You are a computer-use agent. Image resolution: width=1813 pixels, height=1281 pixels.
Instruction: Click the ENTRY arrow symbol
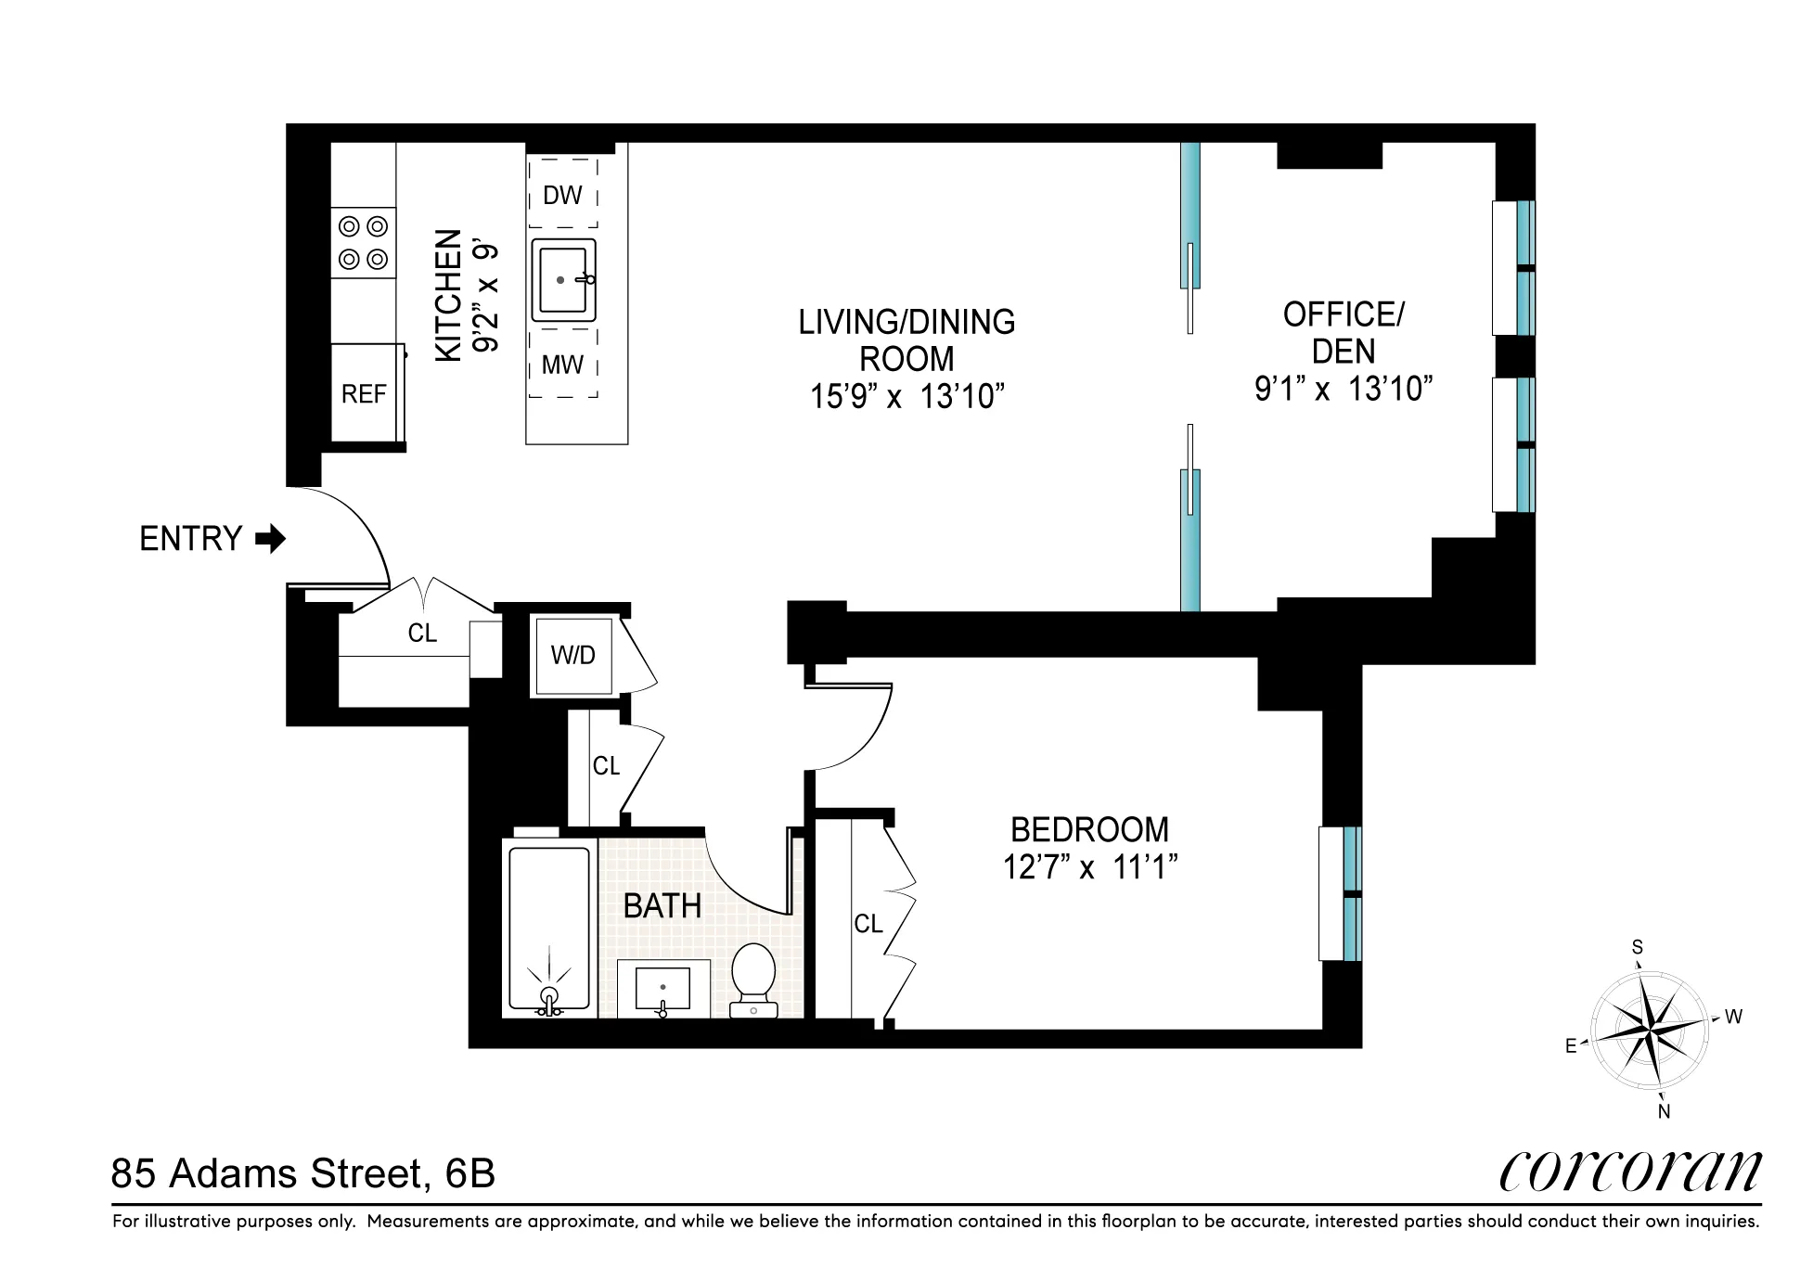(x=271, y=539)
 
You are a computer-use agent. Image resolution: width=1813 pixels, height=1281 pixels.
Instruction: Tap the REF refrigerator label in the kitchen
(x=363, y=394)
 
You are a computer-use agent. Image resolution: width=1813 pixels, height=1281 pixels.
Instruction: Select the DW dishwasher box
(x=562, y=195)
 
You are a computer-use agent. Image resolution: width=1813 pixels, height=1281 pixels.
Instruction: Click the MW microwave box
(x=562, y=365)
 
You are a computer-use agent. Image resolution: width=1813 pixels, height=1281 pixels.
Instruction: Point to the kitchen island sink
(x=563, y=280)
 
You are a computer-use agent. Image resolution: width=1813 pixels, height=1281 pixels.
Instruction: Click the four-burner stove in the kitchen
(x=363, y=242)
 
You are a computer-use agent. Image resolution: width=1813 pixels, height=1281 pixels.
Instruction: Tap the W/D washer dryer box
(x=572, y=656)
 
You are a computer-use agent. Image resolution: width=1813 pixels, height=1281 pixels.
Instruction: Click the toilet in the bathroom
(x=752, y=979)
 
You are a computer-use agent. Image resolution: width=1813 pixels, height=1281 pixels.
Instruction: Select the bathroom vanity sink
(x=662, y=989)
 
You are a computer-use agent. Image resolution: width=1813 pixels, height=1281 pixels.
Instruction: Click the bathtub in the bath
(x=549, y=928)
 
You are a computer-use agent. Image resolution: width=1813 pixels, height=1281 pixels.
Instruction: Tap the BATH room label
(x=662, y=906)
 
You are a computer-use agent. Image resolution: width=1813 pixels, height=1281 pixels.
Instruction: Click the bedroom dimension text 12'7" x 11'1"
(x=1089, y=867)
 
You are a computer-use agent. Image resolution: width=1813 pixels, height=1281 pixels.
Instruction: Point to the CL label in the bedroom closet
(x=868, y=924)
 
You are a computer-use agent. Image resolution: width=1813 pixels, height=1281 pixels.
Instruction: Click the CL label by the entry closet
(x=422, y=634)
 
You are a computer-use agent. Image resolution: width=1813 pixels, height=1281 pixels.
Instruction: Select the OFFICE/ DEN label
(x=1343, y=333)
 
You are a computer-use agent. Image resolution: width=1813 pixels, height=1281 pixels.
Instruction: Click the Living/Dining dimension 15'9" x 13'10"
(x=906, y=397)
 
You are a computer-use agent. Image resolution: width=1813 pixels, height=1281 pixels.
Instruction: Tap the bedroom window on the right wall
(x=1341, y=893)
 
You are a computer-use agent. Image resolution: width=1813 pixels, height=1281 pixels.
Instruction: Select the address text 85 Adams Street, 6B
(x=303, y=1174)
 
